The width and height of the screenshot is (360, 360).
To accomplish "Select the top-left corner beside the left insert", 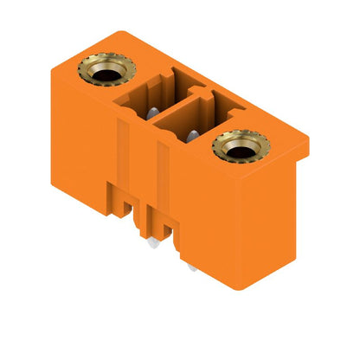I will [56, 68].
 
